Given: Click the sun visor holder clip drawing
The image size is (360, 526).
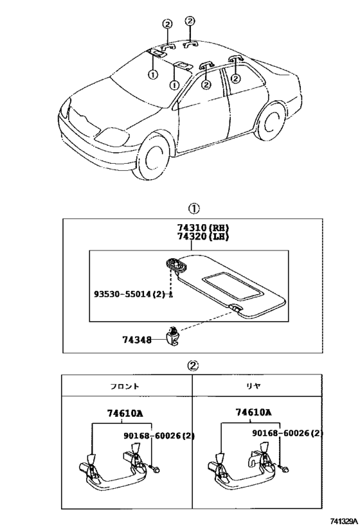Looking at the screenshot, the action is [x=173, y=337].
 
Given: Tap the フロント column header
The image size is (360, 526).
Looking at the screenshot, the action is [x=125, y=386].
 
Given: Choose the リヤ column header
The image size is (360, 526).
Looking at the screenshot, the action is [x=253, y=386].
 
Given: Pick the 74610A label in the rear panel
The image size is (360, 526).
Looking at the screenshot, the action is [x=253, y=412].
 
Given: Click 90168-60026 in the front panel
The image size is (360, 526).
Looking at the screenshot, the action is [x=159, y=435].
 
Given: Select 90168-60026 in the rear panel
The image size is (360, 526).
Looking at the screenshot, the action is [x=287, y=433].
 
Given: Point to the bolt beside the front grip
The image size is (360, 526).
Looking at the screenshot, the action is [x=154, y=468].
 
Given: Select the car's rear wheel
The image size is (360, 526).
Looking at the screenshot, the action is [x=271, y=121].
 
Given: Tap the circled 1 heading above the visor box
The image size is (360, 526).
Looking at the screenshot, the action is [x=194, y=209].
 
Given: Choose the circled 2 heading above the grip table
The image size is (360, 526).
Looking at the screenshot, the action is [x=194, y=365].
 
